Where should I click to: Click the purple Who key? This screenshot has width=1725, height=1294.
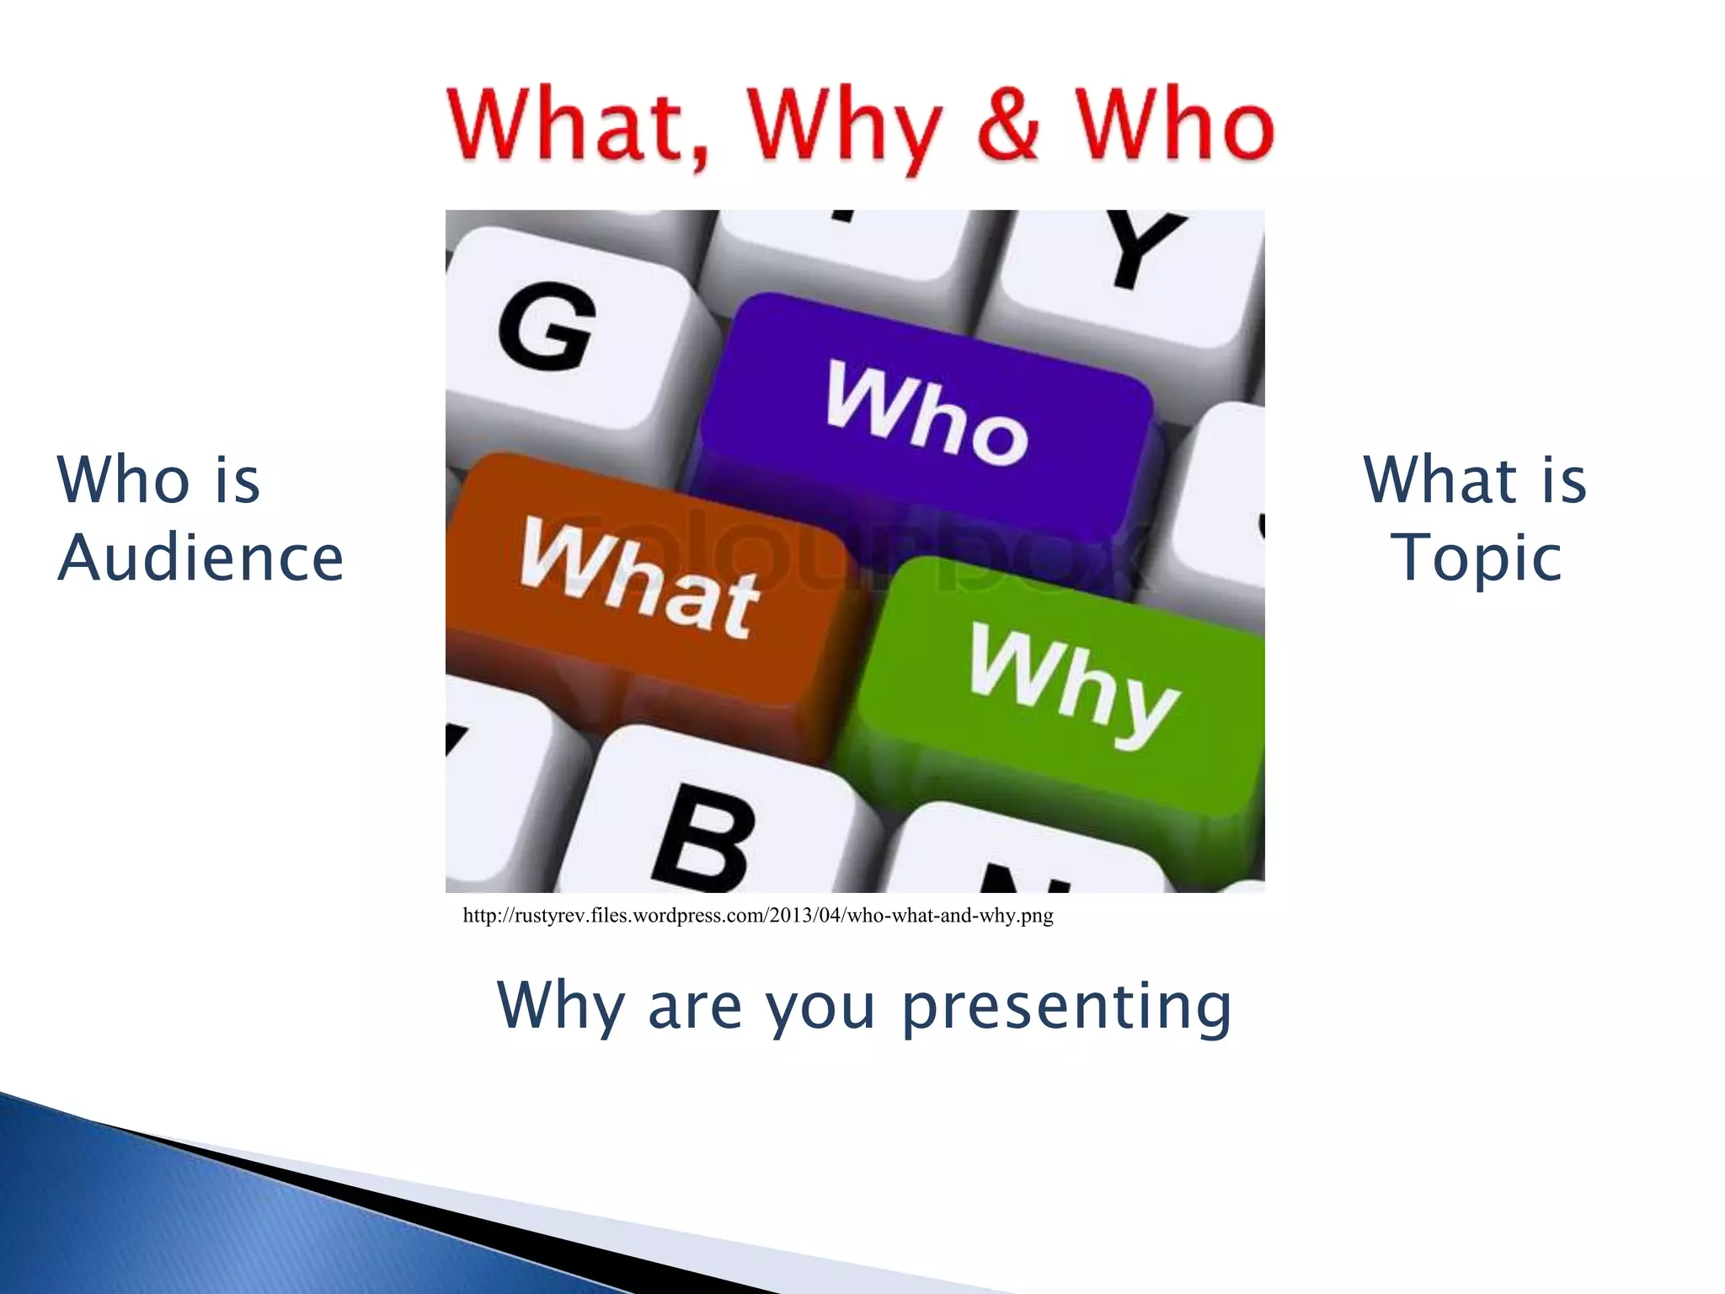coord(927,413)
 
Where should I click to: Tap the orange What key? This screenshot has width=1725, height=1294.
coord(640,581)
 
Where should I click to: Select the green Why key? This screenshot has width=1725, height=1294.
coord(1070,682)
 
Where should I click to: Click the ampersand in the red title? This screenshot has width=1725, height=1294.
coord(1008,126)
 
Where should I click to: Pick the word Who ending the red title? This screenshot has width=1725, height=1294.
coord(1175,126)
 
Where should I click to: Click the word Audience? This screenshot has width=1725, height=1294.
coord(200,558)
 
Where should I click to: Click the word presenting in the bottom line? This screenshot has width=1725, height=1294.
coord(1066,1007)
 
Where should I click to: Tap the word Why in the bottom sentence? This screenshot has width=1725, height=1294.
coord(561,1007)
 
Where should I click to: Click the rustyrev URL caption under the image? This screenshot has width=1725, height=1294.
coord(758,916)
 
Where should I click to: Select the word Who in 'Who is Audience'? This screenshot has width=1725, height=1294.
coord(123,479)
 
